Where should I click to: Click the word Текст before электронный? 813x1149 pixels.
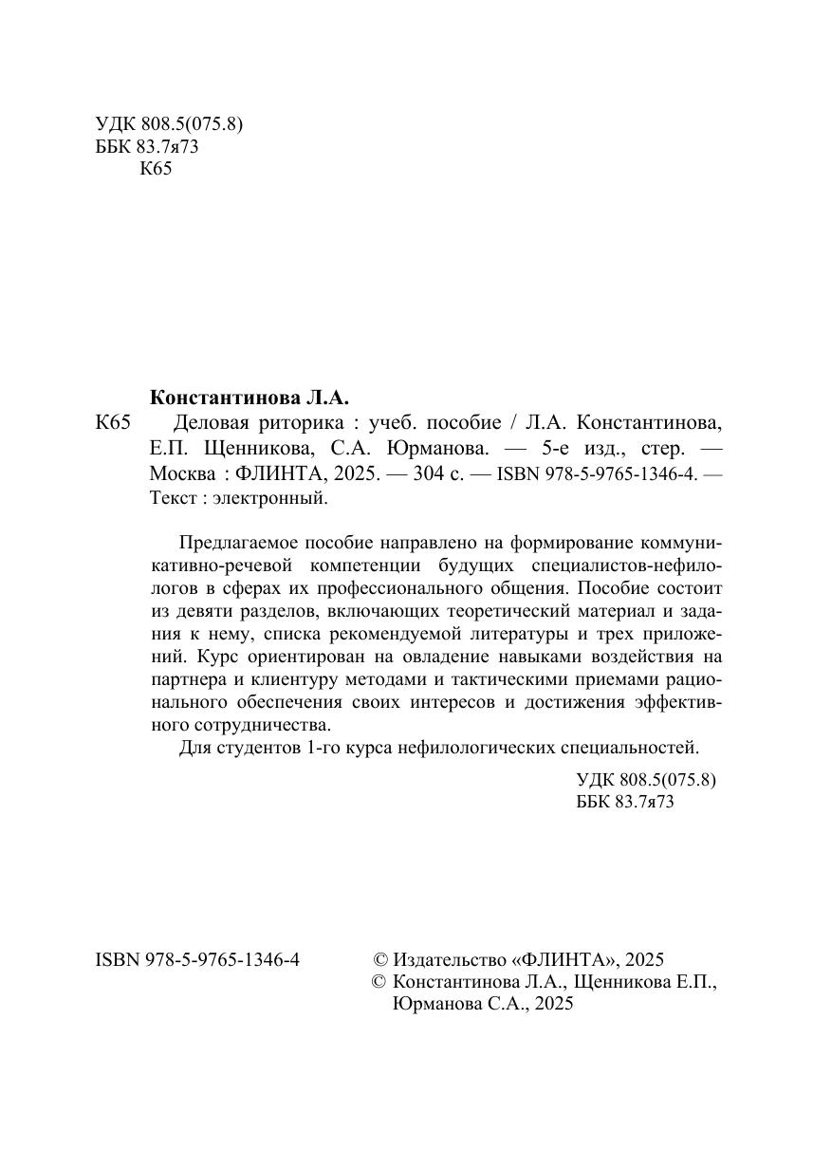tap(172, 497)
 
